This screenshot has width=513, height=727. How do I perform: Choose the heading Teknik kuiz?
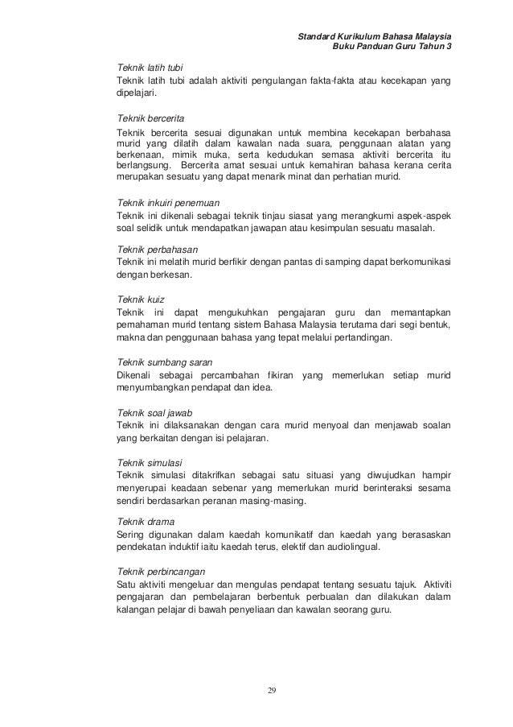[141, 299]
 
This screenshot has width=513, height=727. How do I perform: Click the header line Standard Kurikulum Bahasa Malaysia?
[374, 37]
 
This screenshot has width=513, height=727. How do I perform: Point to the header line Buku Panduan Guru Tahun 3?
[392, 48]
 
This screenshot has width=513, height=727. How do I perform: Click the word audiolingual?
[352, 548]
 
